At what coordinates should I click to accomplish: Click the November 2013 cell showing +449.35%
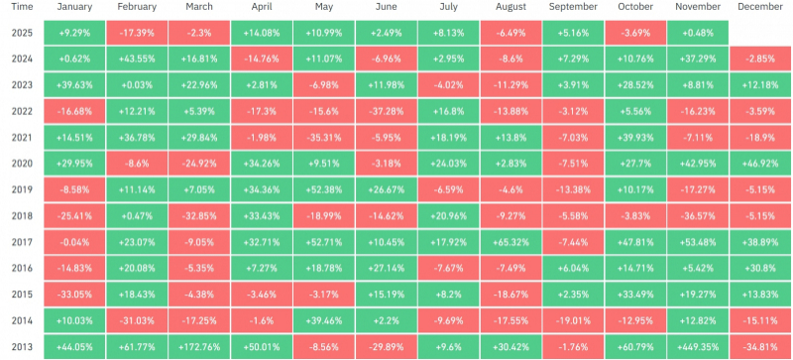[x=698, y=347]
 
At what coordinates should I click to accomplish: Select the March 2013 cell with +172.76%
[x=199, y=347]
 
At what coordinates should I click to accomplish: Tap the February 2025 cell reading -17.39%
[x=137, y=33]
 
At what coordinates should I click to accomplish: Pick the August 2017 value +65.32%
[x=510, y=242]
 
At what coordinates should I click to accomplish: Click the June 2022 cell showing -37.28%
[x=387, y=111]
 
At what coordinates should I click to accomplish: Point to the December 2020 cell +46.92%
[x=760, y=164]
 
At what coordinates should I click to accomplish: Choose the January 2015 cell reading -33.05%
[x=74, y=295]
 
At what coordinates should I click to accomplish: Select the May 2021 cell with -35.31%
[x=324, y=138]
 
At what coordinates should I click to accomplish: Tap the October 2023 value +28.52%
[x=635, y=85]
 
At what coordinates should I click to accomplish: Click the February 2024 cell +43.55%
[x=137, y=60]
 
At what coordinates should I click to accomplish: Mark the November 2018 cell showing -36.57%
[x=698, y=216]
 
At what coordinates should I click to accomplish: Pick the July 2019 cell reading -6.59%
[x=449, y=189]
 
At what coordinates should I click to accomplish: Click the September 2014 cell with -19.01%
[x=573, y=320]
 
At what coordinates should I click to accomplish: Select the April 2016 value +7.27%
[x=262, y=269]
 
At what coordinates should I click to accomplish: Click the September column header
[x=573, y=7]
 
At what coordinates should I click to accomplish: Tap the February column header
[x=137, y=7]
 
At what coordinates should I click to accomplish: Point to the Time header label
[x=22, y=7]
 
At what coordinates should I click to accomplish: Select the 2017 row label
[x=22, y=242]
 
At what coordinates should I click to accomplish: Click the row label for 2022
[x=22, y=111]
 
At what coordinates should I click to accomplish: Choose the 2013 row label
[x=22, y=347]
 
